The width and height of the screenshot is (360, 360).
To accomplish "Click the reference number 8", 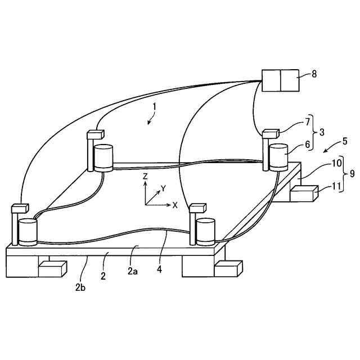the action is pos(314,74).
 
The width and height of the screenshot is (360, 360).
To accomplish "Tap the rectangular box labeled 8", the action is pos(281,80).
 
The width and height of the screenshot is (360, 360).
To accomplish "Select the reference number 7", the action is pos(308,122).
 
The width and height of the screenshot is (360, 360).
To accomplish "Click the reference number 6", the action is pos(307,145).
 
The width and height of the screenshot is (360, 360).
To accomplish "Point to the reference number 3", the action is pos(322,132).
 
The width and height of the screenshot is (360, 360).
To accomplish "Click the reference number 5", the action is pos(345,141).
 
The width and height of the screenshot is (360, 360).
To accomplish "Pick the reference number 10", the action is pos(336,163).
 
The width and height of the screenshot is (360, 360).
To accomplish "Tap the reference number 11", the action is pos(336,186).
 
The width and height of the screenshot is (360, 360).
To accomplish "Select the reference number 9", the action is pos(352,174).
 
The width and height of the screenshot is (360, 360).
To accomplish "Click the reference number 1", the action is pos(154,107).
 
